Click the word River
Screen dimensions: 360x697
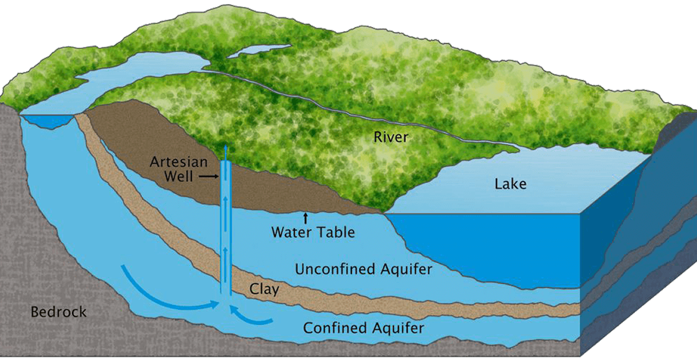tap(391, 138)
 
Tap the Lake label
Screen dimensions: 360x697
tap(511, 185)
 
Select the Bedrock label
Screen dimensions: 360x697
tap(58, 312)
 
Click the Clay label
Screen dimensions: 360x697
tap(264, 289)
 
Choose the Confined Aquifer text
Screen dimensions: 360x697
tap(364, 328)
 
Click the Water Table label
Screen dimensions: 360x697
tap(312, 233)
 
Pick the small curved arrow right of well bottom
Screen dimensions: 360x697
tap(250, 316)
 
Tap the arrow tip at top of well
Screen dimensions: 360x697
tap(225, 149)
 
